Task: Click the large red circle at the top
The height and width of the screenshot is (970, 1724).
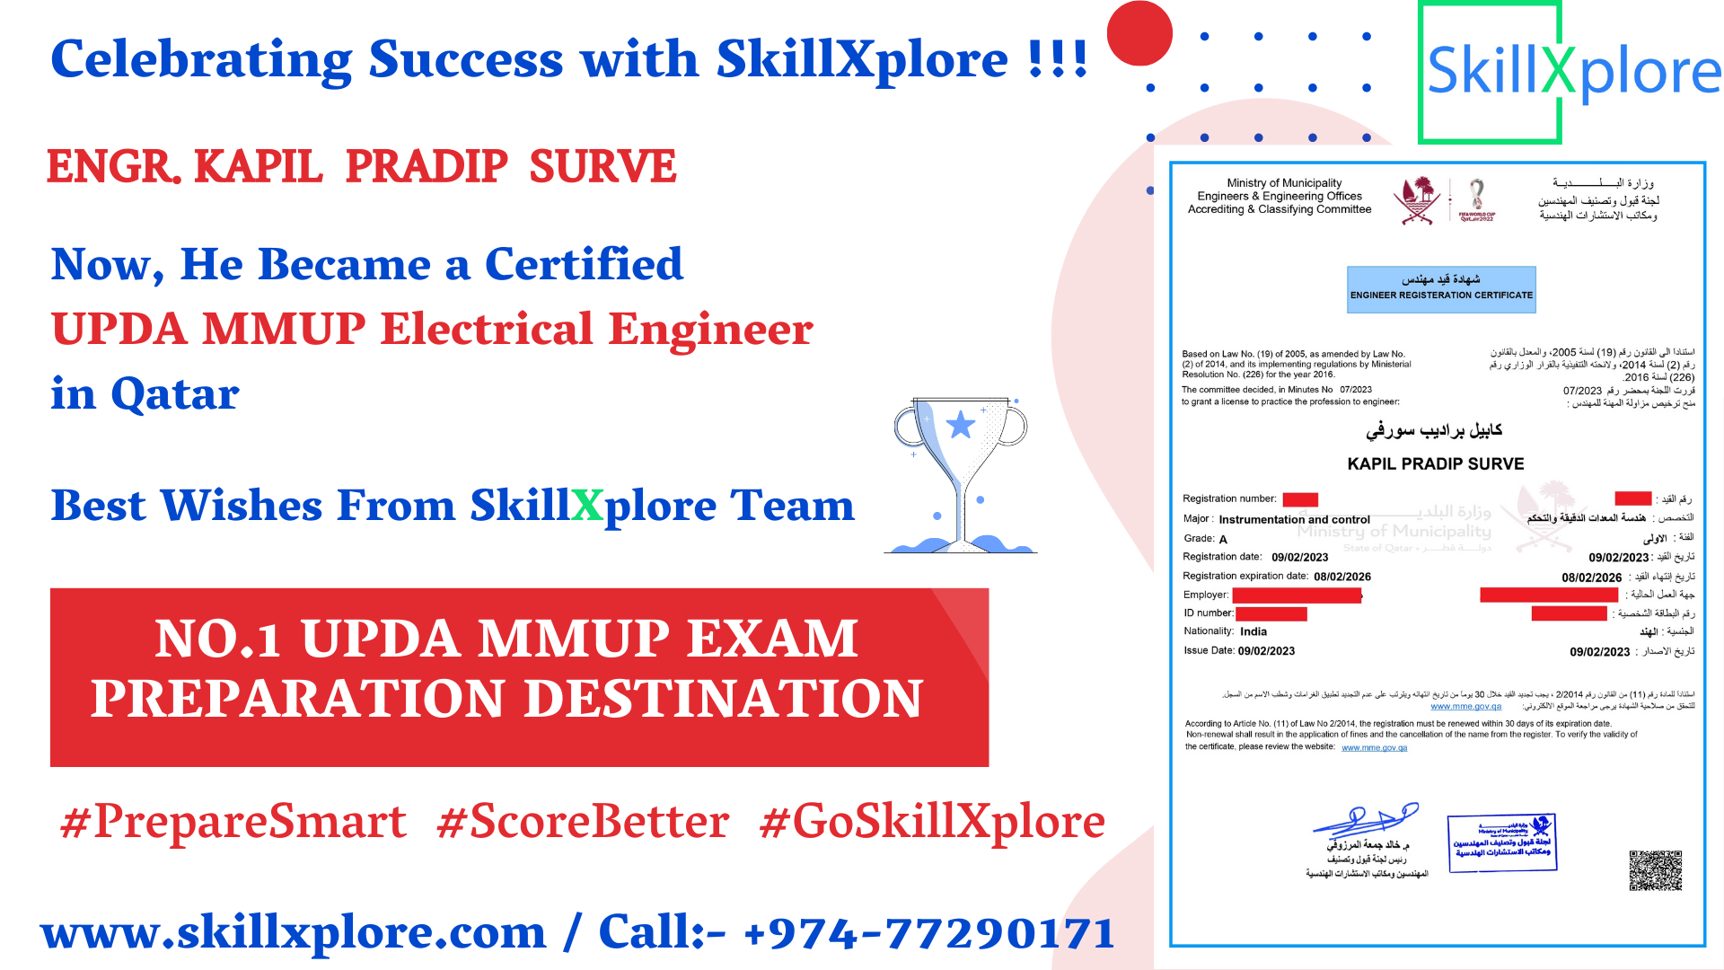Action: pyautogui.click(x=1139, y=33)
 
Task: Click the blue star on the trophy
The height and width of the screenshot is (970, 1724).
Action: pyautogui.click(x=961, y=424)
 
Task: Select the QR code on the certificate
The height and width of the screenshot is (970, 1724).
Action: pyautogui.click(x=1655, y=870)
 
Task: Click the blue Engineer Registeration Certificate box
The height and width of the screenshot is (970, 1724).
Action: pyautogui.click(x=1441, y=289)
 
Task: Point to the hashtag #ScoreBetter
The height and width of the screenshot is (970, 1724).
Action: pyautogui.click(x=583, y=822)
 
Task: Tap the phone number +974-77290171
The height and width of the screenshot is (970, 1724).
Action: pyautogui.click(x=929, y=932)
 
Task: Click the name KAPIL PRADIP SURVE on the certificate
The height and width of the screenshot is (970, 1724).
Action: pyautogui.click(x=1435, y=463)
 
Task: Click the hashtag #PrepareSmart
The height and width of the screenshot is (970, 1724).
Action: pyautogui.click(x=233, y=822)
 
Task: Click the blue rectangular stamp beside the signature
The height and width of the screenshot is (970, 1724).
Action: pyautogui.click(x=1501, y=842)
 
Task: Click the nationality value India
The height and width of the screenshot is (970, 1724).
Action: pyautogui.click(x=1253, y=631)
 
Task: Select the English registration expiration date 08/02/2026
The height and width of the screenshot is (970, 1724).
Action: pyautogui.click(x=1341, y=577)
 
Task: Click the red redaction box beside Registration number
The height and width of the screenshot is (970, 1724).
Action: pyautogui.click(x=1299, y=499)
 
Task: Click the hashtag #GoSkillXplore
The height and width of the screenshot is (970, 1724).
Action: pyautogui.click(x=932, y=822)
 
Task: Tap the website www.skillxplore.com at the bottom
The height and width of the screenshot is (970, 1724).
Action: pyautogui.click(x=294, y=932)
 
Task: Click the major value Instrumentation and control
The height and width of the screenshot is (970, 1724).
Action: pyautogui.click(x=1294, y=519)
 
